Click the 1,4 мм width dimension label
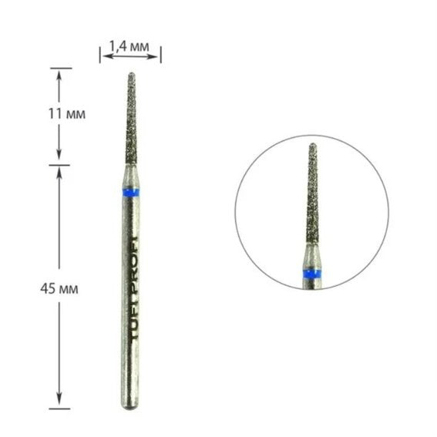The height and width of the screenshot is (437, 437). pos(129,46)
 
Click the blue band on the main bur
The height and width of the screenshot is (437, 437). pos(129,191)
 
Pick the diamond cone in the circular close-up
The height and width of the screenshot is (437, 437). pos(312,200)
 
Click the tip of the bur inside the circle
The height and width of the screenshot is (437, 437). pos(312,145)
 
